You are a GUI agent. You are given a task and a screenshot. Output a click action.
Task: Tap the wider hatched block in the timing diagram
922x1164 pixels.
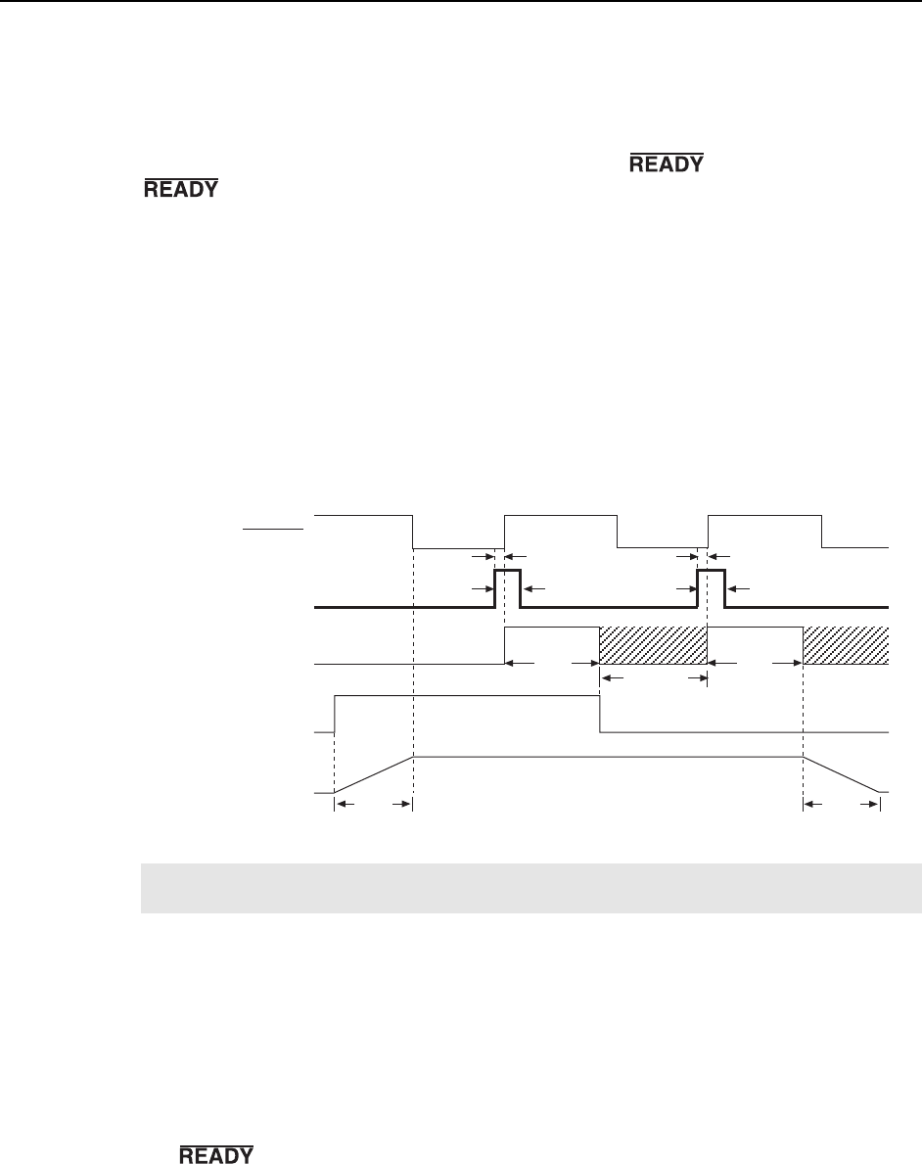652,645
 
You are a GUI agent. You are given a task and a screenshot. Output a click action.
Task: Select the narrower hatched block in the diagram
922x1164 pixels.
845,645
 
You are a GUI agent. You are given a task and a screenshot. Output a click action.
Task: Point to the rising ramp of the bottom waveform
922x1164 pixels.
374,773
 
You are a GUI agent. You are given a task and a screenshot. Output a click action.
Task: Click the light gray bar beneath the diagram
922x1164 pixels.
529,888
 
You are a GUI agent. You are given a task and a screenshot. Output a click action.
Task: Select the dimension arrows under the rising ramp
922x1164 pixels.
373,806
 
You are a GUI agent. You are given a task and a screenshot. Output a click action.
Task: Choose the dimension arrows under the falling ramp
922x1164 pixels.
841,806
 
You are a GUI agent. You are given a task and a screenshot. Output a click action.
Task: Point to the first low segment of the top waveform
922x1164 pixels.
457,548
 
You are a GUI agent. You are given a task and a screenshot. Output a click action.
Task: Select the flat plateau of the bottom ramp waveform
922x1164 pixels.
607,757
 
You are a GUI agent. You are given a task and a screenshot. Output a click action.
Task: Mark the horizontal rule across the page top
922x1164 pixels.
461,2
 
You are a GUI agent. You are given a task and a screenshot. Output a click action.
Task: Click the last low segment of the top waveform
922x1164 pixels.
854,546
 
